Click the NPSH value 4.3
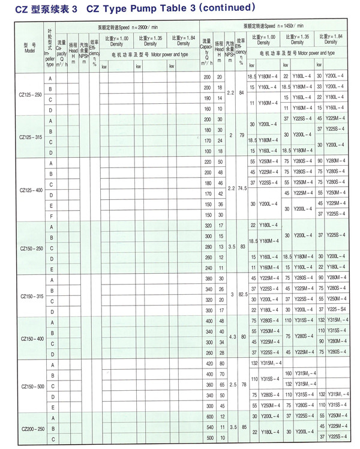click(x=231, y=337)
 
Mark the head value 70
click(x=220, y=374)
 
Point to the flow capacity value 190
click(x=208, y=98)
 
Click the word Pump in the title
click(x=143, y=8)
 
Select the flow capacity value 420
click(x=208, y=364)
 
